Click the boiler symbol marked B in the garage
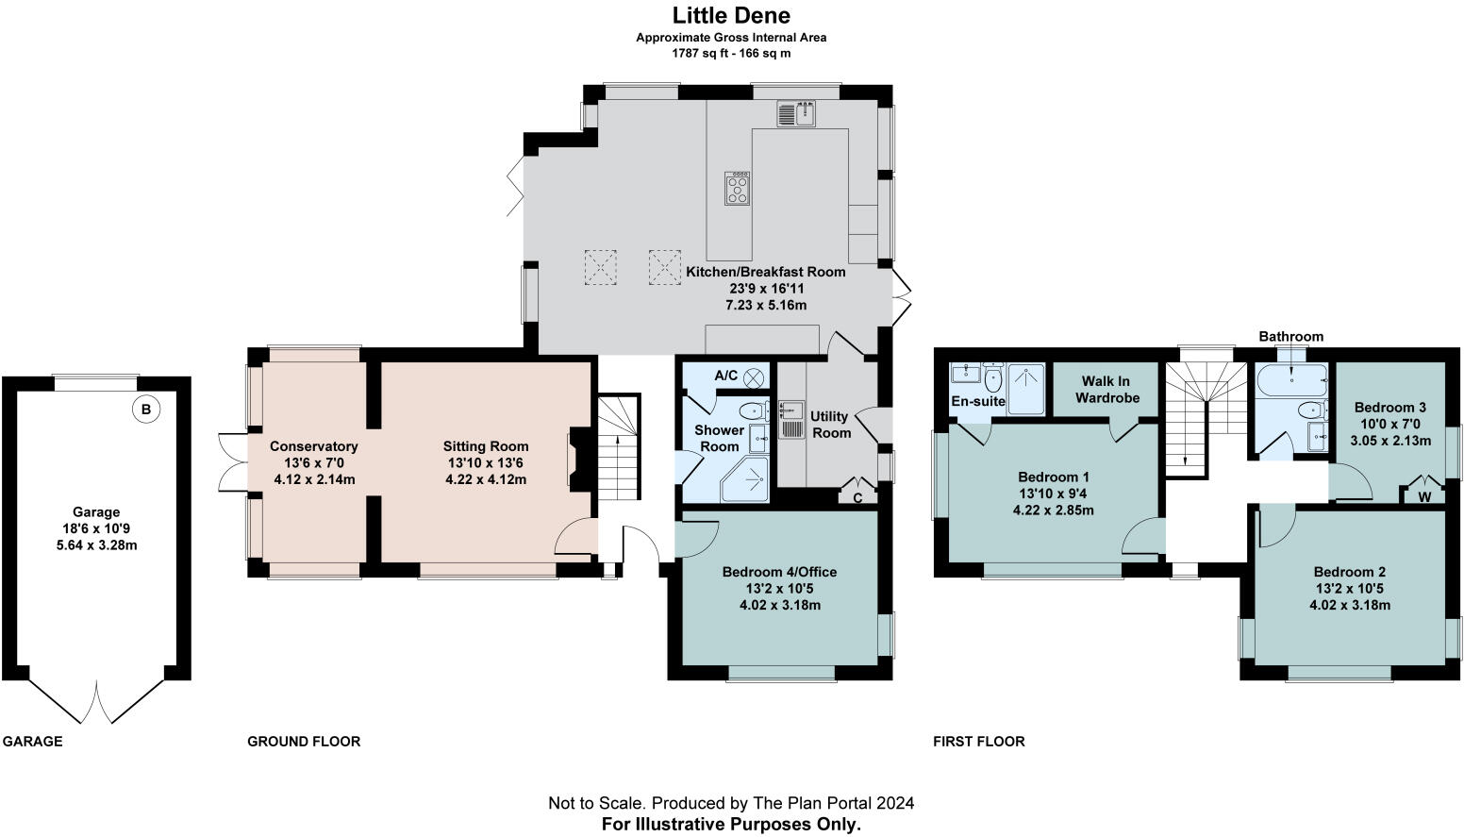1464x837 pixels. [x=146, y=410]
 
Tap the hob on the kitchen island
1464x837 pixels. [x=738, y=189]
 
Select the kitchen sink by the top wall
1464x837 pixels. [x=796, y=113]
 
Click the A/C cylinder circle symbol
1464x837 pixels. [x=755, y=377]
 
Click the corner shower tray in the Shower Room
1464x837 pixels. [x=744, y=479]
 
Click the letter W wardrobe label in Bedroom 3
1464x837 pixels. [x=1424, y=497]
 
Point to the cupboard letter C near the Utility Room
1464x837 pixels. [x=858, y=497]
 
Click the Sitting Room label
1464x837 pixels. [x=486, y=446]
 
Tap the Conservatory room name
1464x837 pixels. [x=314, y=446]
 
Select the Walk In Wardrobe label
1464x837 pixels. [x=1107, y=389]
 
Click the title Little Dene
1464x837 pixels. [x=731, y=15]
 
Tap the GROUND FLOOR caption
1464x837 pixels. [x=304, y=742]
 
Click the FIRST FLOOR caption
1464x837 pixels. [x=979, y=742]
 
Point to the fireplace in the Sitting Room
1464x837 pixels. [x=581, y=459]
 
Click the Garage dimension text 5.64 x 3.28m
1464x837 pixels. [x=97, y=545]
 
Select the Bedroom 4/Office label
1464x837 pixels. [x=780, y=572]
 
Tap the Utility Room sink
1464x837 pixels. [x=790, y=419]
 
